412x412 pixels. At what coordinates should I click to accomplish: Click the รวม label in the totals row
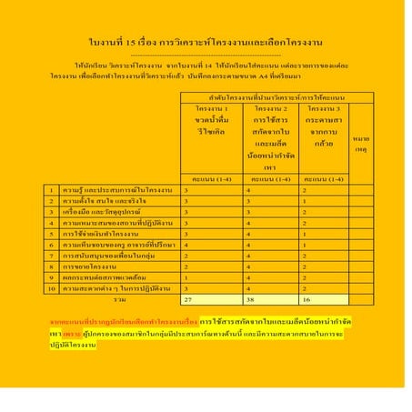click(119, 297)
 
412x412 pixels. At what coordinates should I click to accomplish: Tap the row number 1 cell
click(53, 190)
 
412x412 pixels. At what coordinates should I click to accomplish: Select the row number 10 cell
click(53, 287)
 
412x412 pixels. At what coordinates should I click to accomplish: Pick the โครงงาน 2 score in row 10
click(253, 287)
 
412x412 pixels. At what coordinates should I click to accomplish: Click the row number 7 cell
click(53, 256)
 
